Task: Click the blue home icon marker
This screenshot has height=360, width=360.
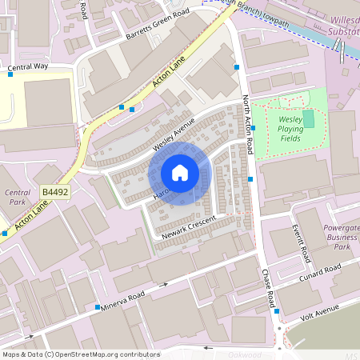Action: (x=180, y=174)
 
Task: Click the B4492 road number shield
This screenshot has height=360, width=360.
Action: (x=54, y=193)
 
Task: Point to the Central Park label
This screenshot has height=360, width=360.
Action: (x=17, y=198)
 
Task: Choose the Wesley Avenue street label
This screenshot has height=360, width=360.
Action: (x=174, y=130)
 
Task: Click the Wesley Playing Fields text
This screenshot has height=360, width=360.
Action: (x=290, y=128)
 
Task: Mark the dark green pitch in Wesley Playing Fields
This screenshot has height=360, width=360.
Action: (x=309, y=118)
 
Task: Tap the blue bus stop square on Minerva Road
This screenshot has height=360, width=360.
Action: (x=98, y=307)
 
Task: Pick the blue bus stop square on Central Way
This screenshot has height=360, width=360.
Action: (x=10, y=74)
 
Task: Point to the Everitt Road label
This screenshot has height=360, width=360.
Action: (x=305, y=243)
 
